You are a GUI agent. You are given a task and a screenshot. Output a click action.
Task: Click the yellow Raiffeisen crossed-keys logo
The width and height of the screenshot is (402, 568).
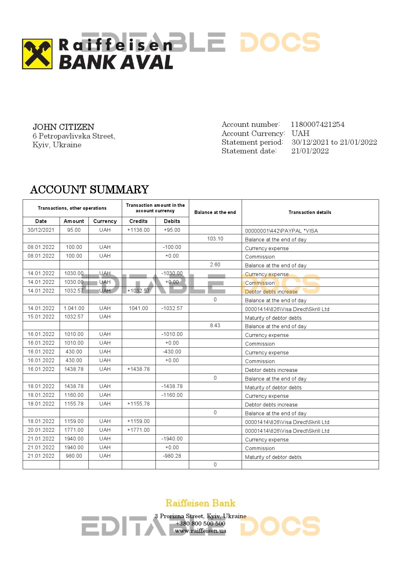pos(37,54)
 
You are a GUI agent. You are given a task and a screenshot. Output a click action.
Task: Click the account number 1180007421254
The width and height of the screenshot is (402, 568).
pos(317,124)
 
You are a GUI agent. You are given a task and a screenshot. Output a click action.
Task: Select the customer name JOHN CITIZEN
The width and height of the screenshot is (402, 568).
pos(63,127)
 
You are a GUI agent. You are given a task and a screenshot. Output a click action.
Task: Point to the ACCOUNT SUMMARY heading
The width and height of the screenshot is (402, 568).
pos(89,190)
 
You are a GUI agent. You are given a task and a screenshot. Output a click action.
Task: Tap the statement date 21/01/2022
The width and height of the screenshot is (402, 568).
pos(310,151)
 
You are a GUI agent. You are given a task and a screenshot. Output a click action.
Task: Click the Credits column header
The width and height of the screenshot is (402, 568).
pos(138,221)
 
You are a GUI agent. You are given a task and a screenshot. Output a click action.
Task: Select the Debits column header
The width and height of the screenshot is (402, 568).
pos(172,221)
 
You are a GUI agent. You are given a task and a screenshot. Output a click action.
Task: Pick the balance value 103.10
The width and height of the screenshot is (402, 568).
pos(215,239)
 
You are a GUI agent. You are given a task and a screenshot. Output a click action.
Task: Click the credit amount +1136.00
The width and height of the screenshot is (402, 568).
pos(138,230)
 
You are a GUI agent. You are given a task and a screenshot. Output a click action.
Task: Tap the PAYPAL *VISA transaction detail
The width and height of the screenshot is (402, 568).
pos(281,231)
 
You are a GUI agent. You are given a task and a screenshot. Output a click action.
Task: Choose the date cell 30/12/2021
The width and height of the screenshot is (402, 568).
pos(41,230)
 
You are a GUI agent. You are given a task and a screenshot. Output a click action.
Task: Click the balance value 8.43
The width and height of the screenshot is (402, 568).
pos(215,326)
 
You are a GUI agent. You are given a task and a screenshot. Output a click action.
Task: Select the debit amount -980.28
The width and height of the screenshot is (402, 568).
pos(172,456)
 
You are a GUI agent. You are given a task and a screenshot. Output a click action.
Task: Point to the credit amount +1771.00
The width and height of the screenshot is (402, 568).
pos(138,430)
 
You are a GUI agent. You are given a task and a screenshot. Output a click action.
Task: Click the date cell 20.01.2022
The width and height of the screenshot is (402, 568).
pos(41,430)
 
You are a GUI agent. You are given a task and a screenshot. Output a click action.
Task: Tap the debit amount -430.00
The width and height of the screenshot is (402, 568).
pos(172,351)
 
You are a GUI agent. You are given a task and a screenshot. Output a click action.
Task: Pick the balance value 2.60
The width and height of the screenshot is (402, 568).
pos(215,265)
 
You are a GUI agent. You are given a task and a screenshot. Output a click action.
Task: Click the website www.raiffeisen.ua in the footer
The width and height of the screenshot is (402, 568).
pos(201,531)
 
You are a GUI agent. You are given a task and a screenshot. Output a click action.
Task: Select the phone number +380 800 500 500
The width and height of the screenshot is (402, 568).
pos(201,523)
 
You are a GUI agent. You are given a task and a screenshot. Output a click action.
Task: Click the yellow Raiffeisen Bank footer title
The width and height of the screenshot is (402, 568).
pos(201,503)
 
